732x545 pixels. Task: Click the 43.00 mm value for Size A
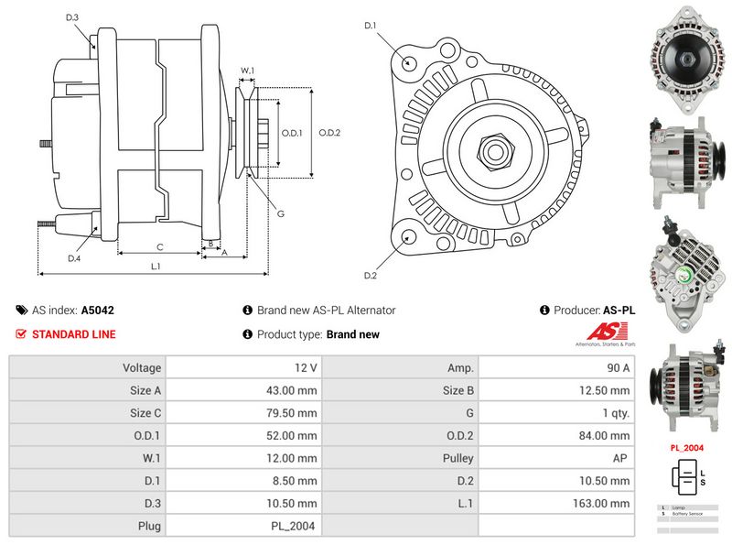coord(294,390)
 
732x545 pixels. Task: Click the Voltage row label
coord(141,368)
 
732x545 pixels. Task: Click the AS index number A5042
coord(98,311)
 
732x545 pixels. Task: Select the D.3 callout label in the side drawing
coord(73,17)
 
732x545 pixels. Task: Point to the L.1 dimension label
coord(156,267)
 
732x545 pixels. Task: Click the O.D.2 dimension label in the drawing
coord(329,133)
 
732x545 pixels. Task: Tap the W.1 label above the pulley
coord(247,70)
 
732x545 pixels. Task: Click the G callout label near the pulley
coord(281,213)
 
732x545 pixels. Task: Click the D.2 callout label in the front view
coord(371,276)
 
